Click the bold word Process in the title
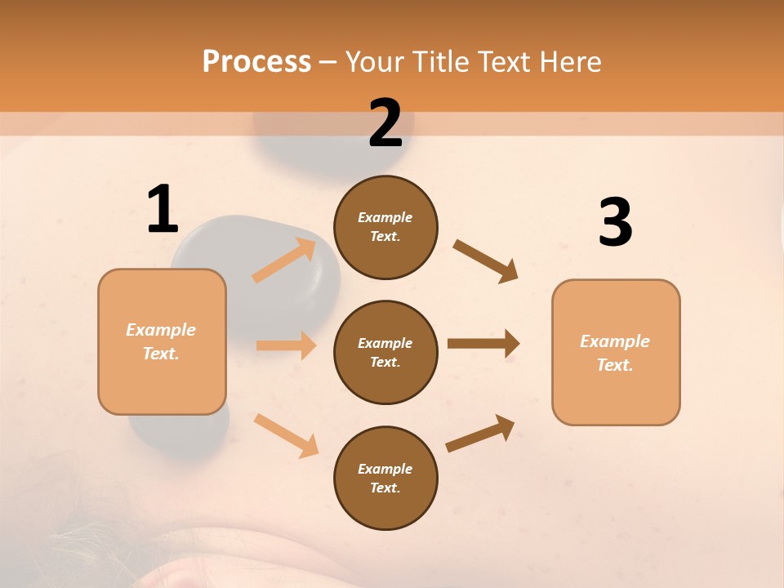tap(256, 62)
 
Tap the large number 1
tap(163, 209)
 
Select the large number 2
tap(385, 123)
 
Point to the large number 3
tap(615, 222)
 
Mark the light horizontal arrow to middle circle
tap(286, 345)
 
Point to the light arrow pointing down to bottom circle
tap(286, 434)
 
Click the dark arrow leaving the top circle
tap(486, 261)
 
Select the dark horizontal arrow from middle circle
tap(483, 343)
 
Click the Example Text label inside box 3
tap(615, 353)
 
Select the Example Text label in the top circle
tap(385, 226)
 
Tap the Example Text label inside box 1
tap(161, 341)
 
